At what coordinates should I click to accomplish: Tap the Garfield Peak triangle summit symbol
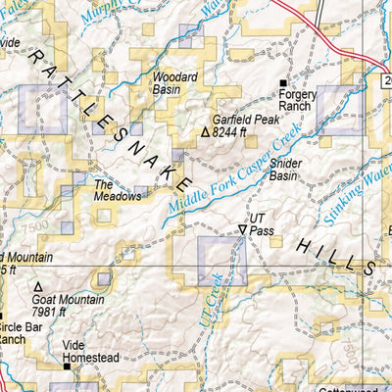205,131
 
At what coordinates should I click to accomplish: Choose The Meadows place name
113,190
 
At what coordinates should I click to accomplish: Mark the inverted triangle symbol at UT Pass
242,229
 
